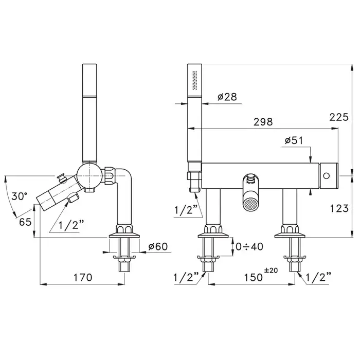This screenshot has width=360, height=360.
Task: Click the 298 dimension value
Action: click(263, 122)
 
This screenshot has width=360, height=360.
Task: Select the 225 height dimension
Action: click(339, 117)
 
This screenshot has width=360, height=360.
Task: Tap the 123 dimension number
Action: click(339, 208)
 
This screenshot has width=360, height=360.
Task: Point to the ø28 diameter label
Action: click(227, 97)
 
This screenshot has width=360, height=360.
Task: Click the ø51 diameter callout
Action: click(294, 140)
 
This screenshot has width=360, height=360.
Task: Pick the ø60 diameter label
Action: click(158, 246)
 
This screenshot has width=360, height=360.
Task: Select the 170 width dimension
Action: click(83, 277)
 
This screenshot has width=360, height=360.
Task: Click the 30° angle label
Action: click(20, 196)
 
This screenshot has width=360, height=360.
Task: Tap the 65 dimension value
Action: click(25, 222)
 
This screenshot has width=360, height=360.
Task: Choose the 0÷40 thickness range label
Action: click(249, 246)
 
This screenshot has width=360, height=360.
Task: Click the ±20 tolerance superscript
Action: click(271, 270)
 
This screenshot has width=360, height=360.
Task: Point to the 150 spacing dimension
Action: click(253, 277)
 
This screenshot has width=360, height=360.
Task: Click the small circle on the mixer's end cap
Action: click(326, 176)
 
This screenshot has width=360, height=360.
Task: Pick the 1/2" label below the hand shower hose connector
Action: click(186, 210)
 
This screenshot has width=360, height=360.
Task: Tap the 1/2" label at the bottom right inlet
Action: click(319, 277)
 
